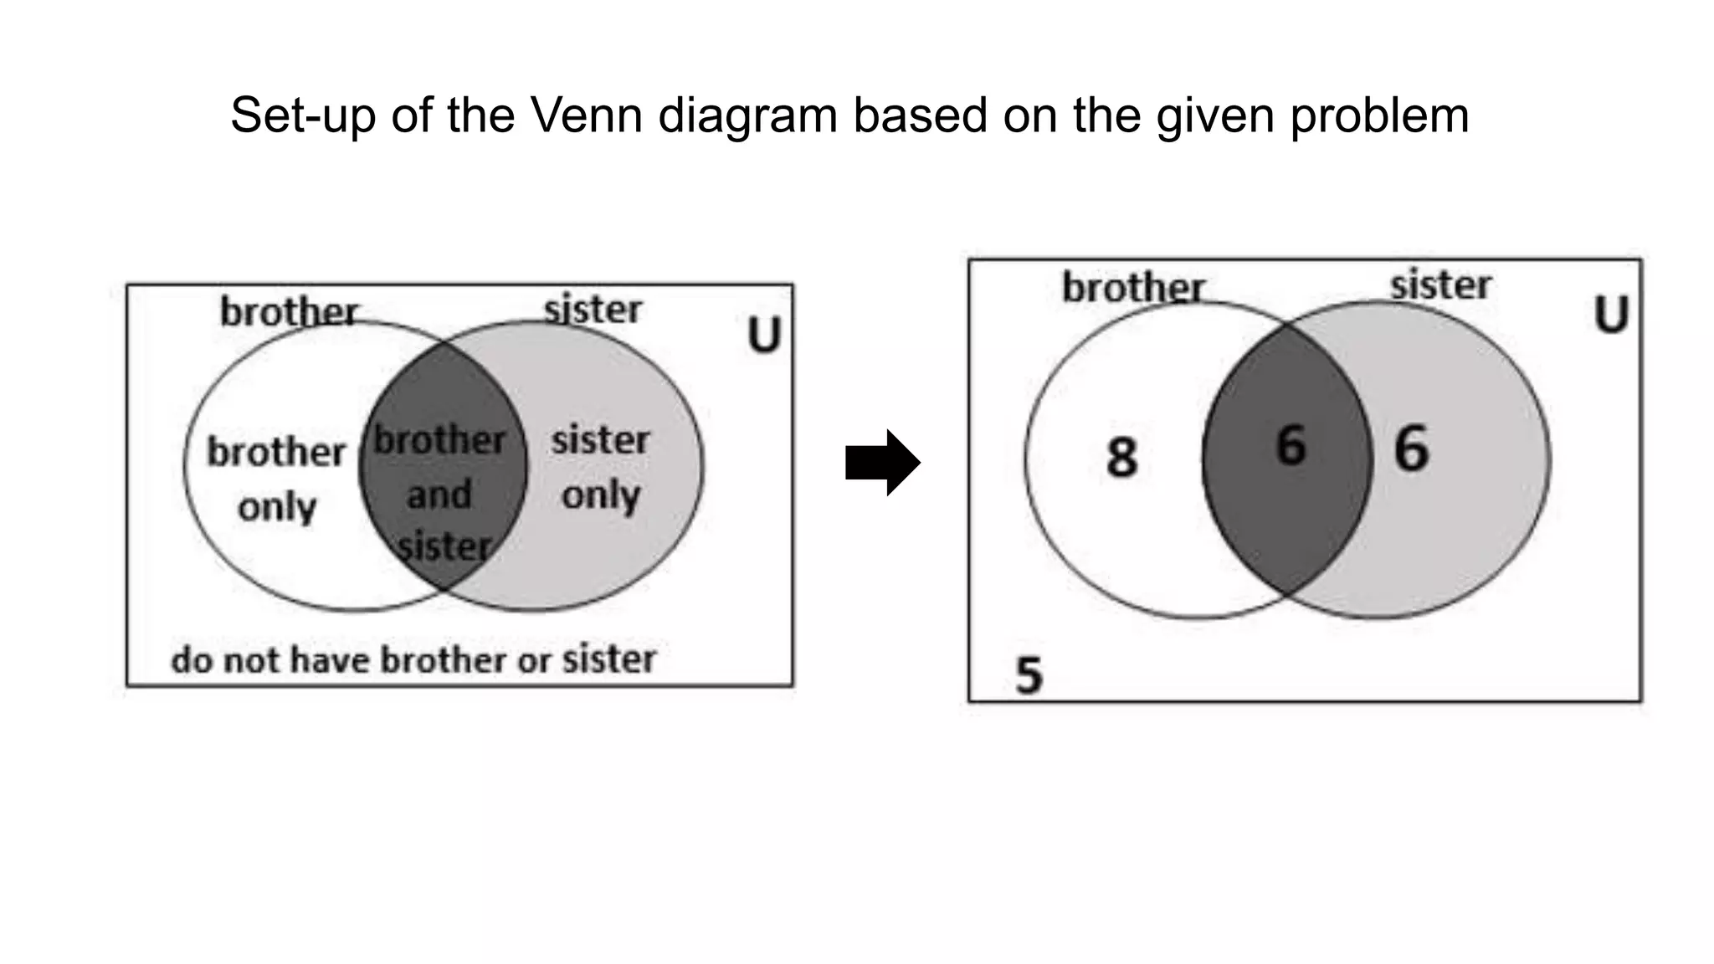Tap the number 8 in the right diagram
(x=1121, y=458)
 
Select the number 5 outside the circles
(x=1029, y=674)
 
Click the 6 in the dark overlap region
(x=1291, y=445)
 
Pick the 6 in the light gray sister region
(x=1411, y=449)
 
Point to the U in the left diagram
(x=763, y=335)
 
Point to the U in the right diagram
(x=1611, y=315)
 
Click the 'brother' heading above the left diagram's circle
(x=290, y=312)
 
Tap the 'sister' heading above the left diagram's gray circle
(x=593, y=310)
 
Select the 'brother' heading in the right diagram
(x=1133, y=288)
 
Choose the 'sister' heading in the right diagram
(x=1440, y=285)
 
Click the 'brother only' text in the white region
(x=276, y=479)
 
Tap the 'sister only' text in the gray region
(x=600, y=467)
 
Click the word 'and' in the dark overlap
(x=439, y=495)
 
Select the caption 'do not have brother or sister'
(x=413, y=659)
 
